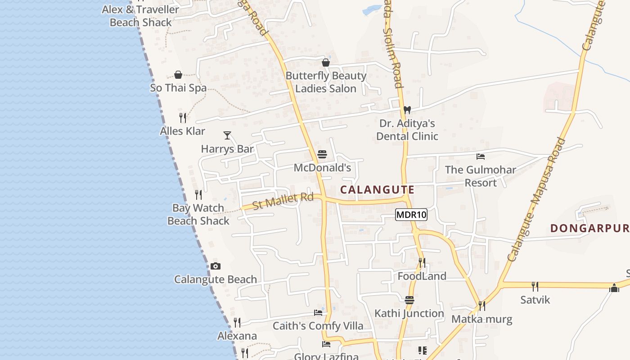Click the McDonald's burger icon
click(x=322, y=154)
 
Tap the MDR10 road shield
click(x=411, y=215)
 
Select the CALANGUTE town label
click(x=377, y=189)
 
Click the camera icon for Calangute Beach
click(x=216, y=266)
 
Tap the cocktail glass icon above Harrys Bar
click(x=227, y=135)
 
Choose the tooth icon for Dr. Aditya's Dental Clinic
click(x=407, y=110)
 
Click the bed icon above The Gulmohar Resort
click(x=481, y=157)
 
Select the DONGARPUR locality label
click(x=589, y=228)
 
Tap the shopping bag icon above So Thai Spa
click(x=178, y=74)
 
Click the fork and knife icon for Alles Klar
click(x=183, y=118)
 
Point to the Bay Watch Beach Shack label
click(x=198, y=214)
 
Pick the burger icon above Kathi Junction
click(x=409, y=300)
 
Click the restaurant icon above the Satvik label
click(x=535, y=286)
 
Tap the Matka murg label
click(x=482, y=319)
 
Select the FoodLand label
click(x=422, y=276)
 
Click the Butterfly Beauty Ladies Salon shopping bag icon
click(x=326, y=63)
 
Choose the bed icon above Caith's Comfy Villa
click(x=318, y=313)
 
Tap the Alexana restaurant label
click(x=237, y=336)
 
